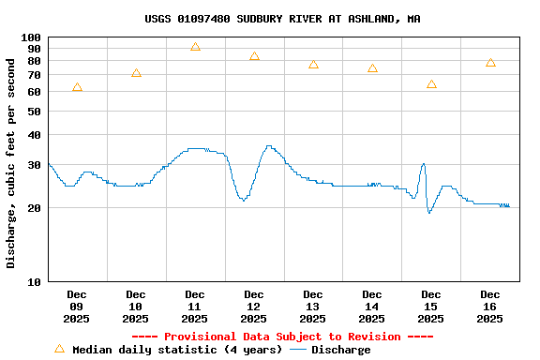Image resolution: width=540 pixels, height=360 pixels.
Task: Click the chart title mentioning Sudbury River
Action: pos(282,19)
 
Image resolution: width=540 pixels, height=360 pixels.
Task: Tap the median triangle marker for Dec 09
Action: pos(77,87)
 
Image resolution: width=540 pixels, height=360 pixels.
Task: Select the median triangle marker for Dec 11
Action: pos(195,47)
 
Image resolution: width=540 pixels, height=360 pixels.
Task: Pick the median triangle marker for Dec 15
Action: pos(431,84)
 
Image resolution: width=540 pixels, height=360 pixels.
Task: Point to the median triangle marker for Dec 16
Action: pos(490,63)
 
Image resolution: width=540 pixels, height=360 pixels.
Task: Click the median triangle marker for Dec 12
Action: pos(254,56)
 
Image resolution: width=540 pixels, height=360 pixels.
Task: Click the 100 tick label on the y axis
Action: pos(31,37)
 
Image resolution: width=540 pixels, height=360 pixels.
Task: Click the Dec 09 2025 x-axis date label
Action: pos(77,307)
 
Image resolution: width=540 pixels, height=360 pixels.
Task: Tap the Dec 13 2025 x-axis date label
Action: pos(313,307)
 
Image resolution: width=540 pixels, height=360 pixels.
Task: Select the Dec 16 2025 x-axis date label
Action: pos(490,307)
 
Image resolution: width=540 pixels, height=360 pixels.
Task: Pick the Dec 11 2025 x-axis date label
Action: pos(195,307)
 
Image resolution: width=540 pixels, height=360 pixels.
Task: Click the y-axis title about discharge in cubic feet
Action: pos(11,163)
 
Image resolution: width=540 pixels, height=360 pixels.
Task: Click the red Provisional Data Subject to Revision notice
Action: pos(282,337)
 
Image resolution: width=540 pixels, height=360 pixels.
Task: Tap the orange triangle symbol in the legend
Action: pos(59,349)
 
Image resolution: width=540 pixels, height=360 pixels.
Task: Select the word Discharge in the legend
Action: pos(340,350)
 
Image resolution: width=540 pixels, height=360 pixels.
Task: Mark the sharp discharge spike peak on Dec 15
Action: pos(423,164)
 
